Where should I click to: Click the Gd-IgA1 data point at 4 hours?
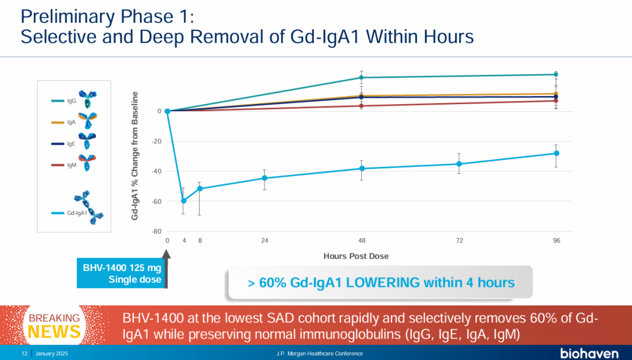184,201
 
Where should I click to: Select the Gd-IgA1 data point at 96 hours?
556,153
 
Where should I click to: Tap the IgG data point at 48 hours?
362,77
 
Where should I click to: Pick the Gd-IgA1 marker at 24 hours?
265,178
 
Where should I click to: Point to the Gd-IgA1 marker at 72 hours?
459,164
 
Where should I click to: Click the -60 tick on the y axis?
156,201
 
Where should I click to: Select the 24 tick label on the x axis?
265,241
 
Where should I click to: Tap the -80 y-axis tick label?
156,231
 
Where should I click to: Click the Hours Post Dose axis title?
356,256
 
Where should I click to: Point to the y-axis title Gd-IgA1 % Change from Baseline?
135,156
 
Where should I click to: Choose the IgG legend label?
71,101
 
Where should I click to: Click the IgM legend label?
71,166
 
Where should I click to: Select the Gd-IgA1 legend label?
77,213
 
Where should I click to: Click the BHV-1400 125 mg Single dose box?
122,274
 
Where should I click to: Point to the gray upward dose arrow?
166,269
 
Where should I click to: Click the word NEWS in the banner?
54,332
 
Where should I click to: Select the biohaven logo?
589,354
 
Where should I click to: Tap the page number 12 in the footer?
25,354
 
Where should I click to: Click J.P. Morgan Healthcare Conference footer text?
320,354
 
